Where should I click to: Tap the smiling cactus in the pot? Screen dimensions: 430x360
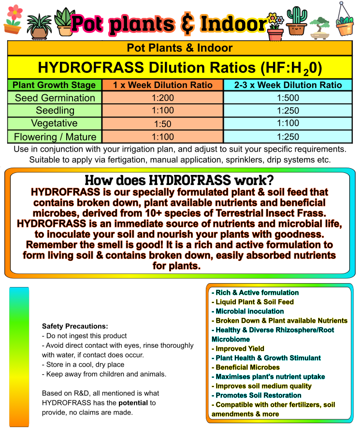[296, 21]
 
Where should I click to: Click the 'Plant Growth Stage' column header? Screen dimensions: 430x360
[54, 85]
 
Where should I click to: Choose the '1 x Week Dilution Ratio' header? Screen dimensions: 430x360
[163, 85]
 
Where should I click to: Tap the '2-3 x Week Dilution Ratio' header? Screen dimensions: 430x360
[288, 85]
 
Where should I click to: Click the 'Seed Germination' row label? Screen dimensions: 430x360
[55, 98]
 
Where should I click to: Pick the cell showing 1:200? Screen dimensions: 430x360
[163, 98]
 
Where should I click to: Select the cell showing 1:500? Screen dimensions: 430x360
[288, 98]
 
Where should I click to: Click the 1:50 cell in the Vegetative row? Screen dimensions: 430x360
[163, 124]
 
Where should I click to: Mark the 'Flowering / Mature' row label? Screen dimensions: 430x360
[55, 137]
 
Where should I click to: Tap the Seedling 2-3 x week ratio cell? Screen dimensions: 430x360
[288, 111]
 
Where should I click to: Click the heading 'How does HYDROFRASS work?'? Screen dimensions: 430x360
[179, 181]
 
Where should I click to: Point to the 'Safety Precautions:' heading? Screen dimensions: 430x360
[75, 327]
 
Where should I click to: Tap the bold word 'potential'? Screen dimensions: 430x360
[134, 402]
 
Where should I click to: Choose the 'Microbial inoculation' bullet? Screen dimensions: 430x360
[249, 311]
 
